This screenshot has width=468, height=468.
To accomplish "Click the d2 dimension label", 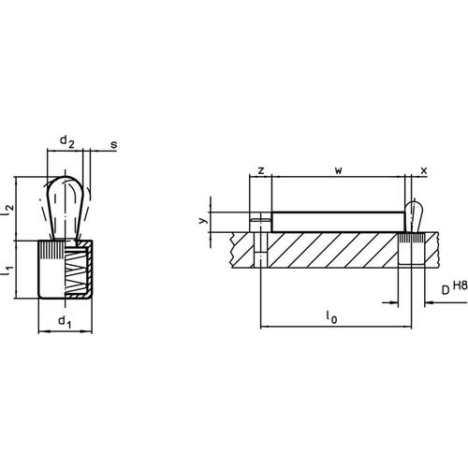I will (67, 141).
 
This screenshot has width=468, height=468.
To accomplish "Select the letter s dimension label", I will (113, 145).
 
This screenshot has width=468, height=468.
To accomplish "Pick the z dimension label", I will (260, 171).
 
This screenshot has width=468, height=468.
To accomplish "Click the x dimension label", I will (424, 171).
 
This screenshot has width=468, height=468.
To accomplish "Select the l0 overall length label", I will (331, 318).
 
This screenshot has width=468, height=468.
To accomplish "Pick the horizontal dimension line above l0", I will (331, 328).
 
